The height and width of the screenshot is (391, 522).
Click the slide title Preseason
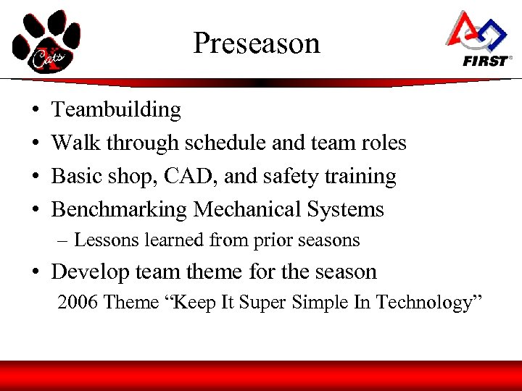pyautogui.click(x=256, y=43)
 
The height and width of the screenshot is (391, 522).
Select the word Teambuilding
pyautogui.click(x=116, y=110)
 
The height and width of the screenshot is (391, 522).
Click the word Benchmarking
pyautogui.click(x=119, y=210)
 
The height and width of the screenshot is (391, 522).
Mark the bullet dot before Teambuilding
pyautogui.click(x=36, y=111)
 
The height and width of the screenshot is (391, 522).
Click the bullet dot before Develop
pyautogui.click(x=36, y=273)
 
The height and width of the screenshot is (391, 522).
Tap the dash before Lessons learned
pyautogui.click(x=63, y=240)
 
